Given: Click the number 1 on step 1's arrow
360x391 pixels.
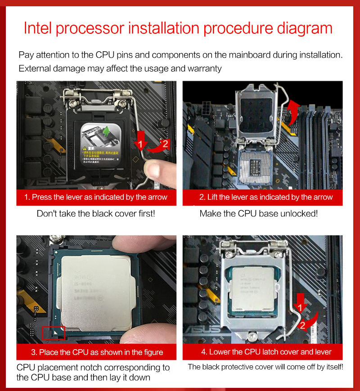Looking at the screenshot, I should (x=140, y=144).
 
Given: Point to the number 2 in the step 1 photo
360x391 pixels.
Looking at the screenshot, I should (x=165, y=144).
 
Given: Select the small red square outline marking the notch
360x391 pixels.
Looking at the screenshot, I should (x=54, y=333).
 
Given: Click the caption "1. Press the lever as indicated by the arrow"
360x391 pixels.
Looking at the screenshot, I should (x=96, y=198).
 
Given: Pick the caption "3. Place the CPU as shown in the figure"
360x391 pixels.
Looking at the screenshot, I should (x=96, y=352).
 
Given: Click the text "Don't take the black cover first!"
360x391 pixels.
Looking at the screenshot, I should (x=96, y=213).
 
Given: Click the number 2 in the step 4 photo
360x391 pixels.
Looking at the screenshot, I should (x=302, y=325).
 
